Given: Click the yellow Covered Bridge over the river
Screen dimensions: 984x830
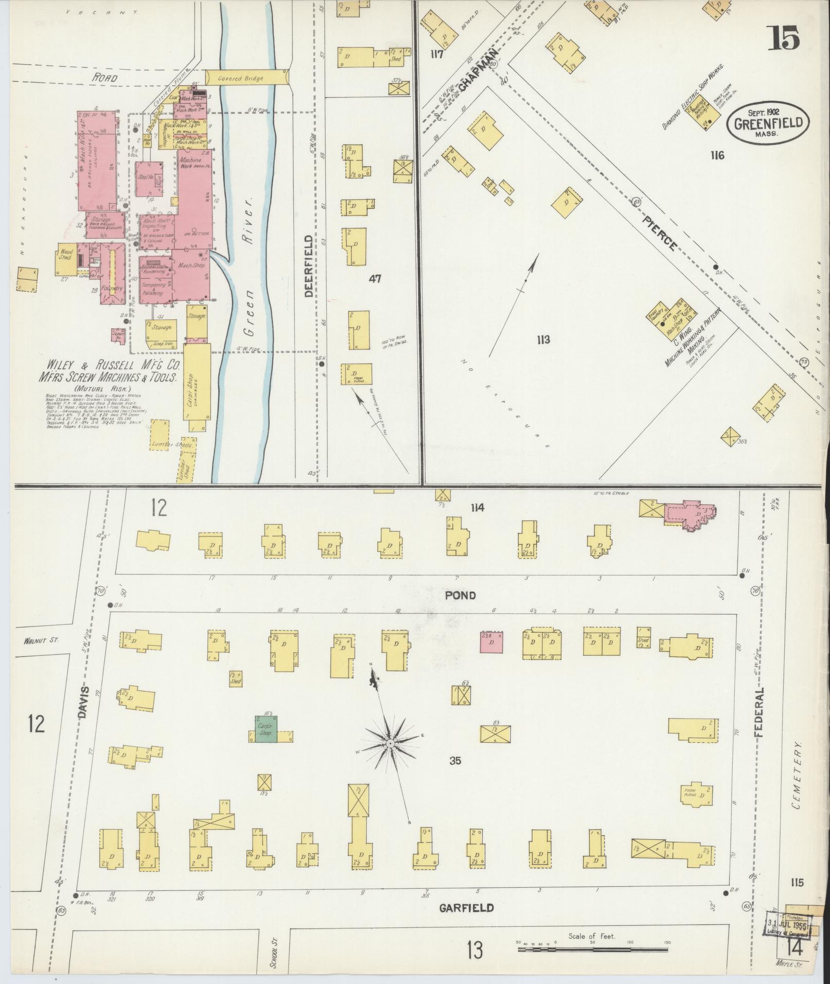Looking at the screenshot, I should pos(247,78).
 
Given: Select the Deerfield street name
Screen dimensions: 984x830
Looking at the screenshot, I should pos(309,266).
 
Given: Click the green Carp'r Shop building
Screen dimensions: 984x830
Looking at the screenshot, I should pos(267,730).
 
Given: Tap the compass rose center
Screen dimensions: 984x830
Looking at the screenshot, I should pos(391,744).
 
